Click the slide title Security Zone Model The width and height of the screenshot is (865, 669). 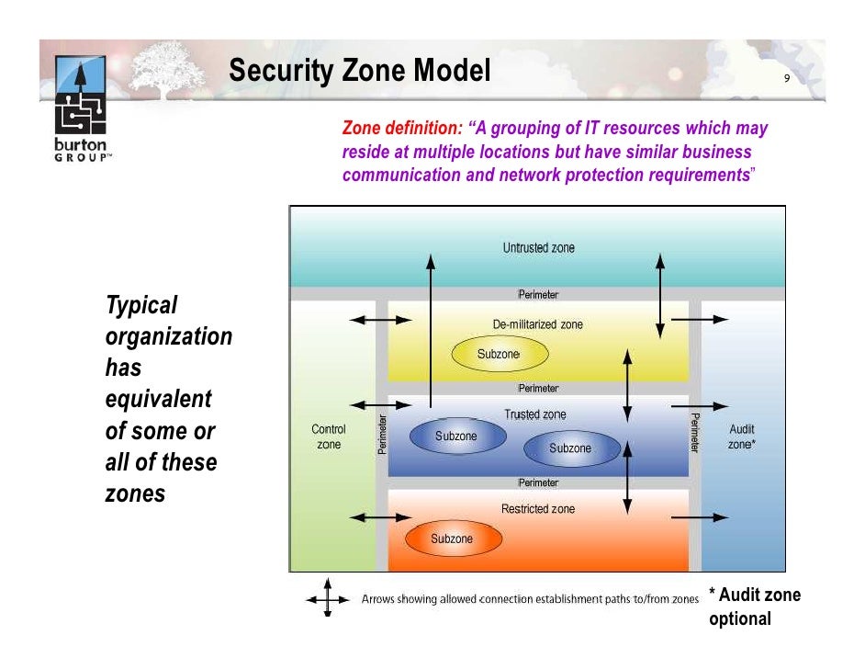[x=360, y=71]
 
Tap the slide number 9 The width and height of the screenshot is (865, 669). [x=786, y=79]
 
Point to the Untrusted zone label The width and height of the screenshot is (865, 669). [x=538, y=248]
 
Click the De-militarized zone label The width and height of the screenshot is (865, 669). [x=537, y=324]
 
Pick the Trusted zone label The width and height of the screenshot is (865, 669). [x=534, y=414]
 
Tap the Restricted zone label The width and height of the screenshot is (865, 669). [x=538, y=509]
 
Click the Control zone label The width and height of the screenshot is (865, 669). [x=329, y=437]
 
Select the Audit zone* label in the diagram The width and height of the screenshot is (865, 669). [x=742, y=437]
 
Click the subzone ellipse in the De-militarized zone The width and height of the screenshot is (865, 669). [x=499, y=355]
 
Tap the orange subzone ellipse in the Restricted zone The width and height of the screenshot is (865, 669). [x=452, y=539]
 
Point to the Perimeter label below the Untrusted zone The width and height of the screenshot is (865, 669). [x=538, y=295]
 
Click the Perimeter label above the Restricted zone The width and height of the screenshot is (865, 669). [x=538, y=483]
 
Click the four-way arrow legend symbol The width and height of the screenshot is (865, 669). [x=328, y=599]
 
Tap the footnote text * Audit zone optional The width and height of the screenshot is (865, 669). [x=754, y=607]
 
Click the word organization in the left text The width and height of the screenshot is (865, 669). [x=169, y=336]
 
